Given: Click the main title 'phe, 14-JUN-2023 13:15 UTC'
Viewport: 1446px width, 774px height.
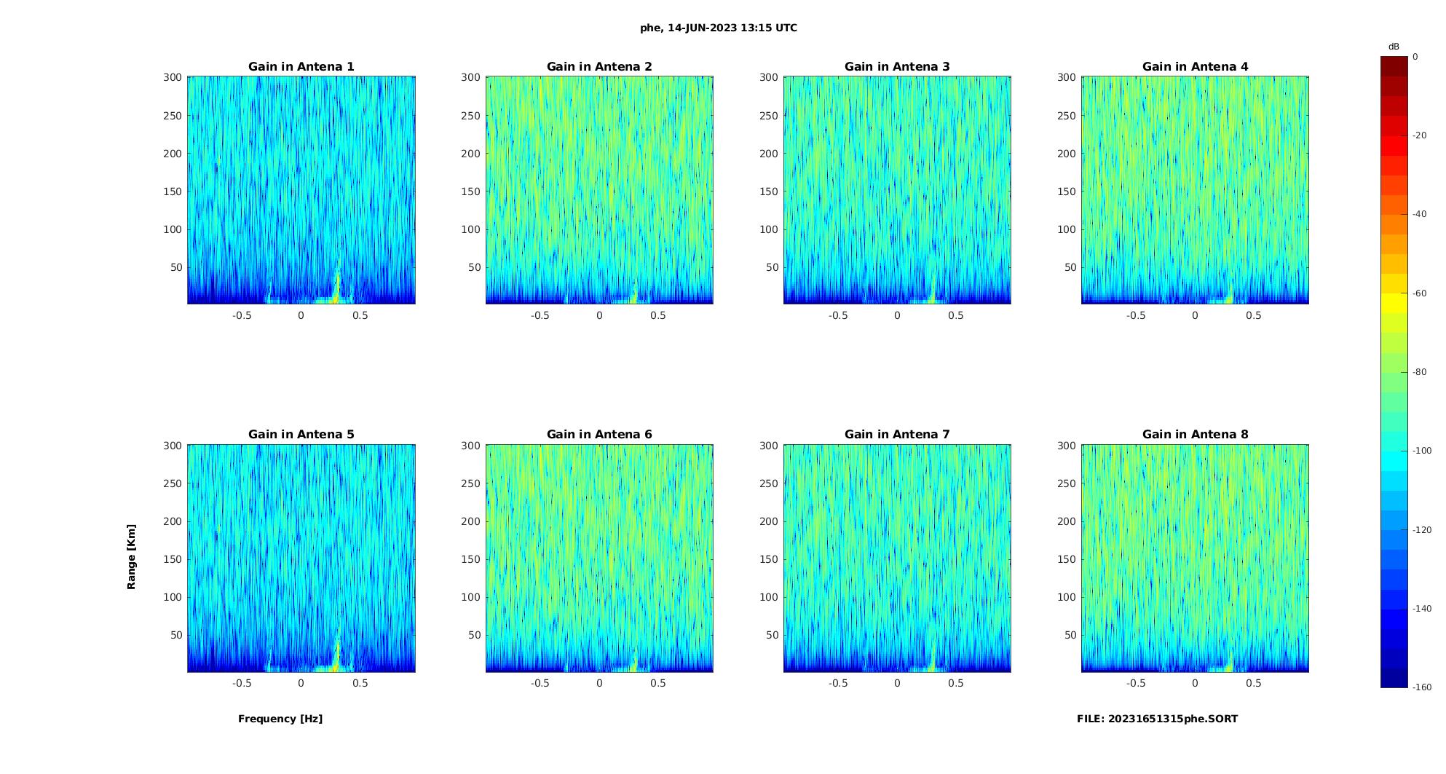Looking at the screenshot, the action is (x=718, y=28).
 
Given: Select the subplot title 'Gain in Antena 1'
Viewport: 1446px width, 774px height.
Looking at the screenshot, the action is (x=301, y=67).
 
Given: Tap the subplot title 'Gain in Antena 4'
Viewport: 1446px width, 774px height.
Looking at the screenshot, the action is (x=1195, y=67).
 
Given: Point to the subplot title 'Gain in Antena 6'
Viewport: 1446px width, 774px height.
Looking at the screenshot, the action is (x=599, y=435).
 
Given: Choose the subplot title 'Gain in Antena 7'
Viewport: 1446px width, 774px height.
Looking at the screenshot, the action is (x=897, y=435).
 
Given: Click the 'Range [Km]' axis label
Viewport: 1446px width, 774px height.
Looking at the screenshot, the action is (x=132, y=556).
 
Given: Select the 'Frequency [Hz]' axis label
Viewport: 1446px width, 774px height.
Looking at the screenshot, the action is (x=280, y=719).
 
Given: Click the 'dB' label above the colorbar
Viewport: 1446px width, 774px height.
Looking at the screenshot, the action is (x=1394, y=47).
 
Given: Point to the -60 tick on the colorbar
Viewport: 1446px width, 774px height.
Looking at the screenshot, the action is (x=1420, y=293).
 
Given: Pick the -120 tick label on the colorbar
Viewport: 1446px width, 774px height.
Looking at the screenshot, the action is (x=1422, y=530).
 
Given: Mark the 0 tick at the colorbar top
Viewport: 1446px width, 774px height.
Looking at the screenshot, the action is (x=1415, y=57).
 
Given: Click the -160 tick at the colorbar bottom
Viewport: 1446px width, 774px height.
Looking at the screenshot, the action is (x=1422, y=687).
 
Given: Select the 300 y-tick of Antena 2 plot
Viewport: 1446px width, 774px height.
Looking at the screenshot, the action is (x=471, y=77).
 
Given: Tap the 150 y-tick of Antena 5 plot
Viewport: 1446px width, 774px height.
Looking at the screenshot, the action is (x=173, y=559).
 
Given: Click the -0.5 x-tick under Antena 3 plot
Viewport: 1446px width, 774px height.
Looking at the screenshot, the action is (x=838, y=315).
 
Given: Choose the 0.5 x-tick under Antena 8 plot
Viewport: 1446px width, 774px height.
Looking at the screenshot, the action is (x=1254, y=683).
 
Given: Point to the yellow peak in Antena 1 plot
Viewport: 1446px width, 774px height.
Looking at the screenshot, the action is (x=336, y=288).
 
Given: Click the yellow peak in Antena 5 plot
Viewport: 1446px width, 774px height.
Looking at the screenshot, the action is (x=336, y=656).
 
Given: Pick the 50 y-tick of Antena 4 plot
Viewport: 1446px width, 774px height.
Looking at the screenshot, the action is (x=1070, y=267).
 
